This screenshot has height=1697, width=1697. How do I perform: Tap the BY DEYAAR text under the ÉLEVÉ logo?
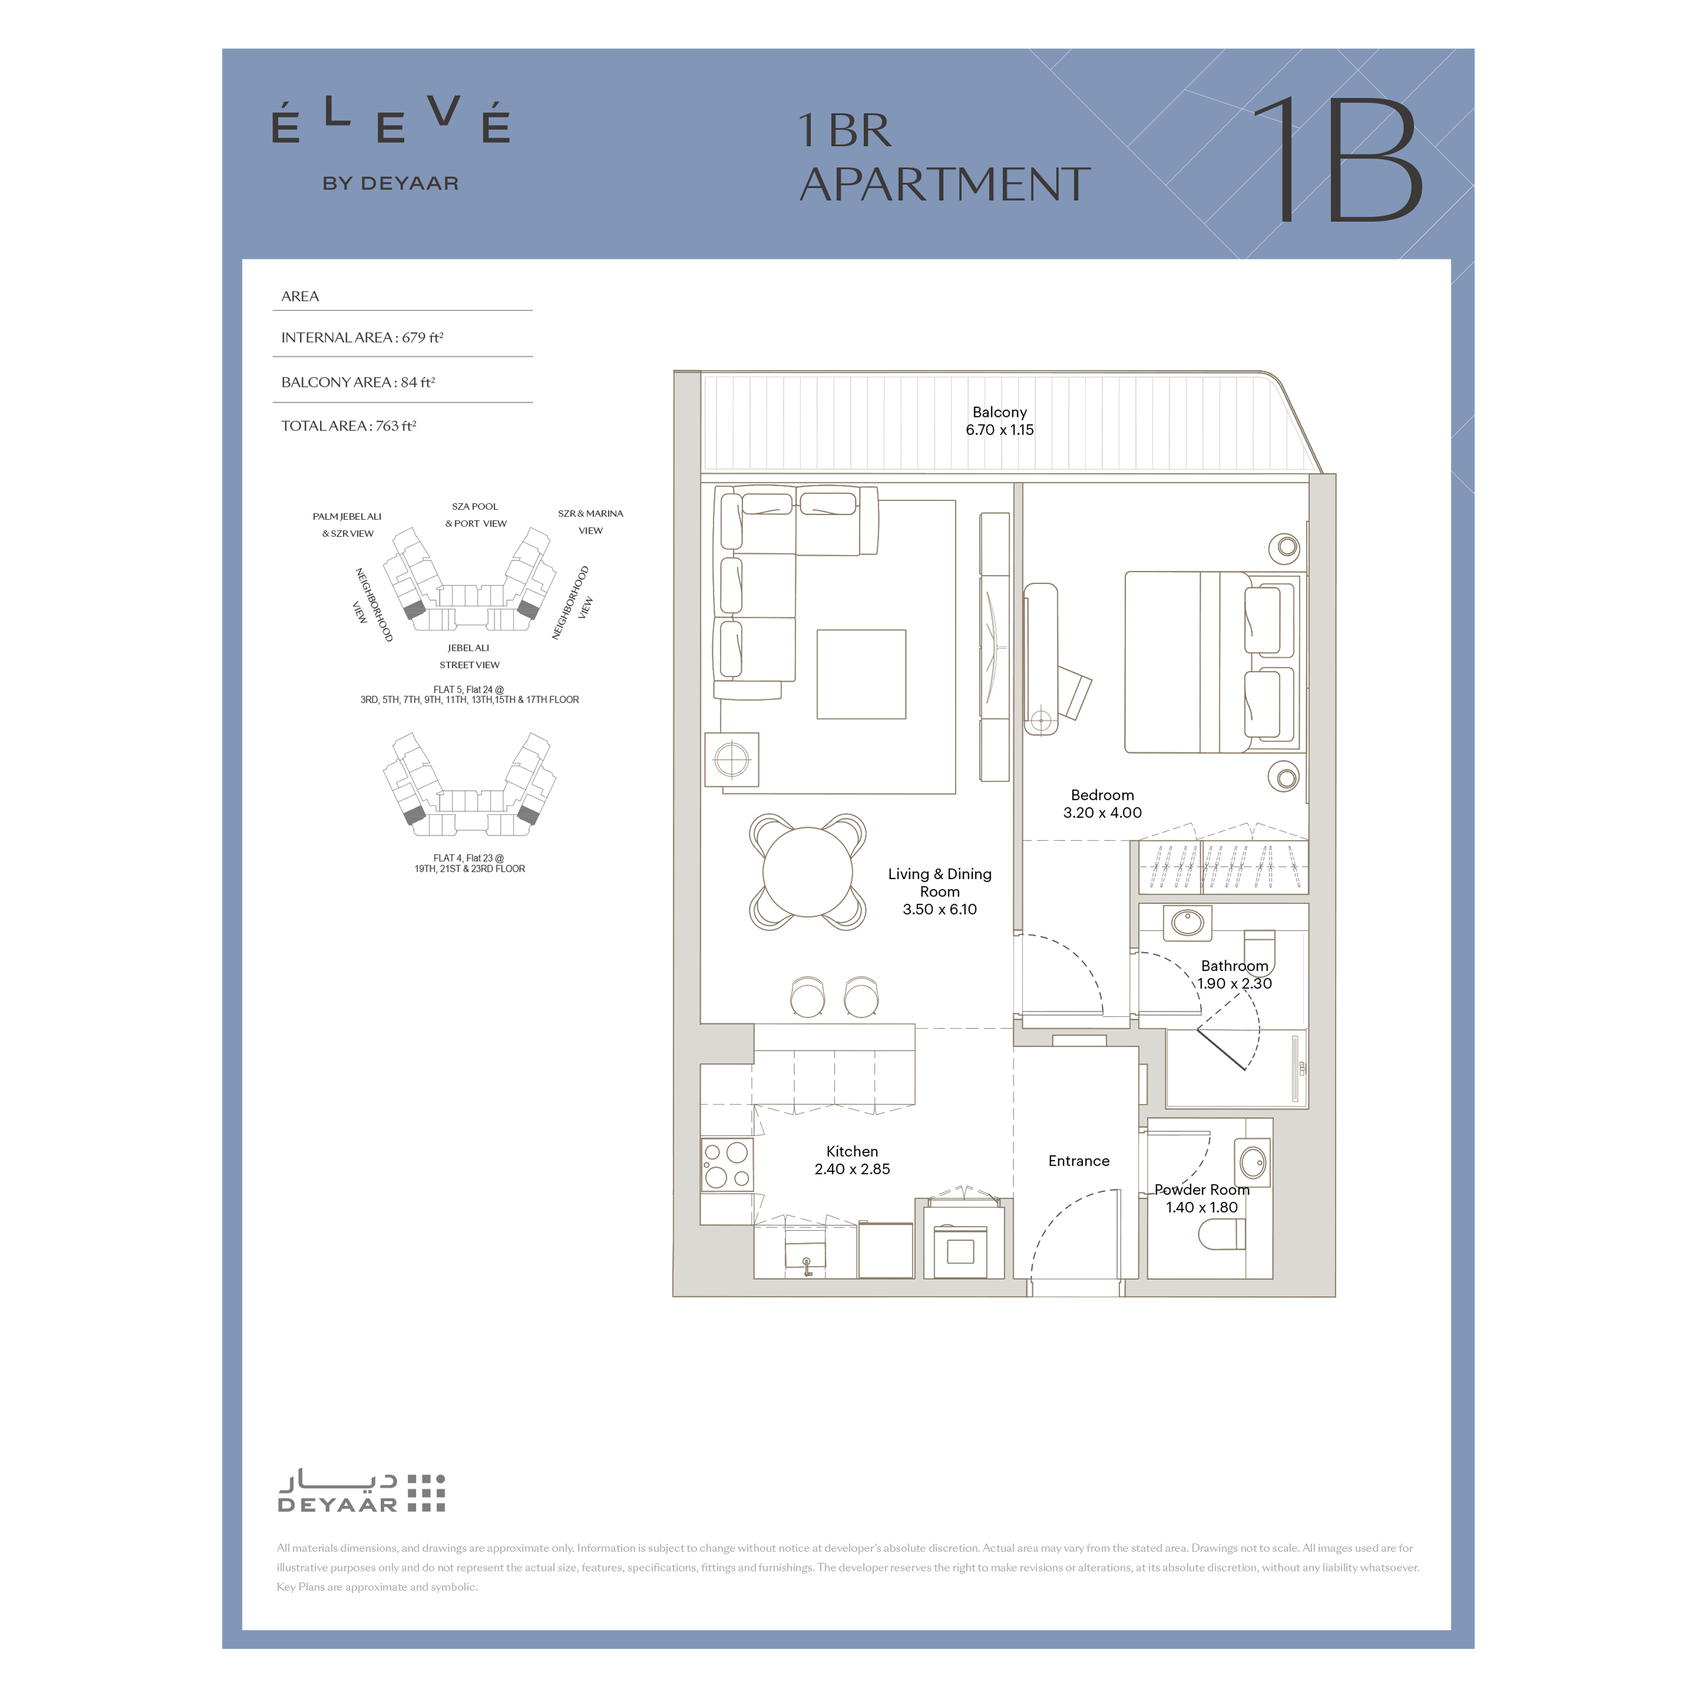(391, 184)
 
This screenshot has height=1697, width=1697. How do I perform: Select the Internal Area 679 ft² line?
(362, 337)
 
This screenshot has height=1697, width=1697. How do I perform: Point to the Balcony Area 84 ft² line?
(357, 382)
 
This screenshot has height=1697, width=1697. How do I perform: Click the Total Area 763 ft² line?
(349, 426)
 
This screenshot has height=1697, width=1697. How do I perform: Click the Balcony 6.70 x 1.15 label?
(1000, 421)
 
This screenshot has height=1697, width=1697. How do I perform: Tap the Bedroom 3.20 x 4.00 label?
(1103, 804)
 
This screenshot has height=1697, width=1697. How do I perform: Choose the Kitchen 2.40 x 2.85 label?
(852, 1160)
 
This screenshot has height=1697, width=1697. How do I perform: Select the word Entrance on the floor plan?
(1079, 1161)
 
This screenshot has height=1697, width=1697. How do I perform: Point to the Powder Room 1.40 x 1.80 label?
(1201, 1198)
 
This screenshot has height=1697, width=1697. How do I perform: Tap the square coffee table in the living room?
(861, 674)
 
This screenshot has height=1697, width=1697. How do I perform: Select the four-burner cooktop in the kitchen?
(726, 1165)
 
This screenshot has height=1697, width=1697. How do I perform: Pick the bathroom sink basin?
(1187, 922)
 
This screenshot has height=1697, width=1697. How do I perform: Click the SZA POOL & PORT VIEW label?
(475, 515)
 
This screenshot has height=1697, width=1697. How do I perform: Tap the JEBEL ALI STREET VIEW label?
(469, 656)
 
